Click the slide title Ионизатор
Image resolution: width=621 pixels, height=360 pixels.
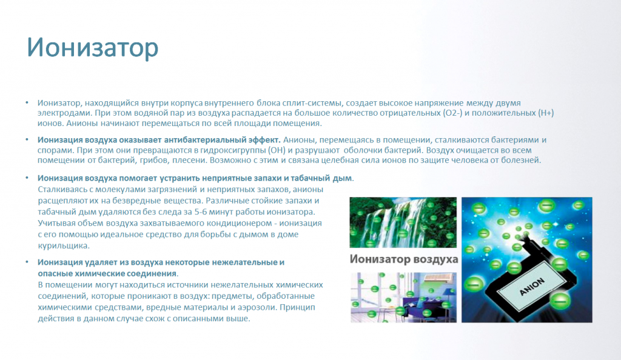93,48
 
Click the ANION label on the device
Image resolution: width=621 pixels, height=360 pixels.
532,287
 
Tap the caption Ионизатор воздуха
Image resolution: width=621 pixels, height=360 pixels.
403,259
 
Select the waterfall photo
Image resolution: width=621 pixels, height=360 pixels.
403,222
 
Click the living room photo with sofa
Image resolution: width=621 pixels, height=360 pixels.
403,297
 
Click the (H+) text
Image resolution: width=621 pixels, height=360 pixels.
545,113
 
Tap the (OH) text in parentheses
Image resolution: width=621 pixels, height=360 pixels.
277,150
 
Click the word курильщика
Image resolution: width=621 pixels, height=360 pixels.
63,245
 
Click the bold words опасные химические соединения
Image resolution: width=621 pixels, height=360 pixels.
107,274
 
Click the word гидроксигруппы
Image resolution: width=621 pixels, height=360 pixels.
233,150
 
